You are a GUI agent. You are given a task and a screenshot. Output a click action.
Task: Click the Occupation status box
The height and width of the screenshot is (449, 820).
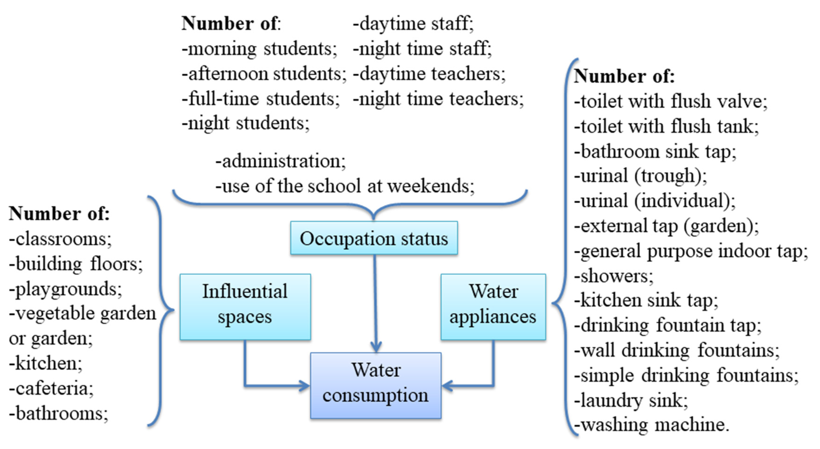pos(374,238)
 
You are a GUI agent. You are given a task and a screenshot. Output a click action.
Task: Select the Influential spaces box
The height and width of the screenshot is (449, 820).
pos(245,307)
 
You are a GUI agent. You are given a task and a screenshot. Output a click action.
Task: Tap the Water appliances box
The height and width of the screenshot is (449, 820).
pos(493,307)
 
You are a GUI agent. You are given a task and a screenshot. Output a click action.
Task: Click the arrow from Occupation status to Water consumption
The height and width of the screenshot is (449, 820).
pos(375,303)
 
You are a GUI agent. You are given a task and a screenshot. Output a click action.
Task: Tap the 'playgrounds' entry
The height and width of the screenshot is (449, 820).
pos(66,289)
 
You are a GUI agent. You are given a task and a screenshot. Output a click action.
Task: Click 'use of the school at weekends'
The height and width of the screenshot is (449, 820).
pos(345,186)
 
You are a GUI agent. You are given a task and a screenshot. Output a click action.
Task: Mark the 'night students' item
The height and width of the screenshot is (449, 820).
pos(245,123)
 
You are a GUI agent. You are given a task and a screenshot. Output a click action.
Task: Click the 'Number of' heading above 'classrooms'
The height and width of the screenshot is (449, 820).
pos(59,213)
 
